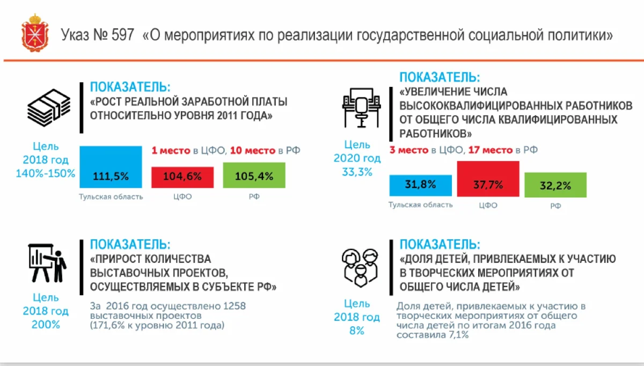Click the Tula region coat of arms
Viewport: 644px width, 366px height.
point(33,34)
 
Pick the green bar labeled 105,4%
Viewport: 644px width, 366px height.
point(254,175)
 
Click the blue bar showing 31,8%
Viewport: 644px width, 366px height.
point(420,186)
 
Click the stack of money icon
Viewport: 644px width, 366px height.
point(49,106)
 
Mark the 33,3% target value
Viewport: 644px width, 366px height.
point(357,172)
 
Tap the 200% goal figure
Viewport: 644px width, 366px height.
point(46,325)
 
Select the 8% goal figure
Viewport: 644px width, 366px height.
point(357,331)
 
